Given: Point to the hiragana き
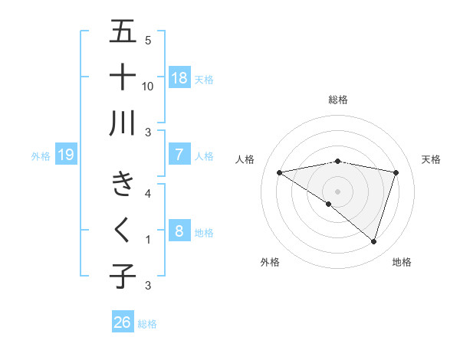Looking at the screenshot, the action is coord(123,184).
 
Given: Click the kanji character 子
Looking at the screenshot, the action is coord(123,275).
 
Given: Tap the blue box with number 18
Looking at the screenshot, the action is coord(179,77).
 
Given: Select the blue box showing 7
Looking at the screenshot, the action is coord(179,155).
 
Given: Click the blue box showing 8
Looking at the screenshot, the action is coord(179,231).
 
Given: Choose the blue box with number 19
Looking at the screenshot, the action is coord(66,155).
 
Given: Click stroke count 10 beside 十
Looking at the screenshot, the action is coord(148,86).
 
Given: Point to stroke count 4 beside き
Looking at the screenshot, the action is coord(148,193).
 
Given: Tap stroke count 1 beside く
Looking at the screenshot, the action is coord(148,240).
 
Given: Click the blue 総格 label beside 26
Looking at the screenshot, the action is coord(147,324).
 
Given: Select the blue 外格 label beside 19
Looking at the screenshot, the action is coord(41,156).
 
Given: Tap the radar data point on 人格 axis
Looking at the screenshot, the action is coord(280,172).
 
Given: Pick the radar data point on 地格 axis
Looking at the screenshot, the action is coord(373,241).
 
